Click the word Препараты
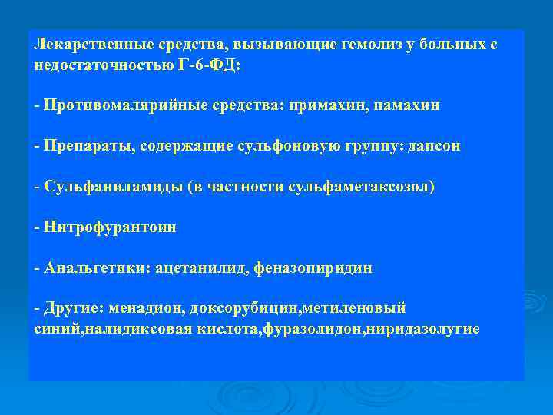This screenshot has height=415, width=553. coord(88,146)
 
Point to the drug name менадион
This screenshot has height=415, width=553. coord(144,308)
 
